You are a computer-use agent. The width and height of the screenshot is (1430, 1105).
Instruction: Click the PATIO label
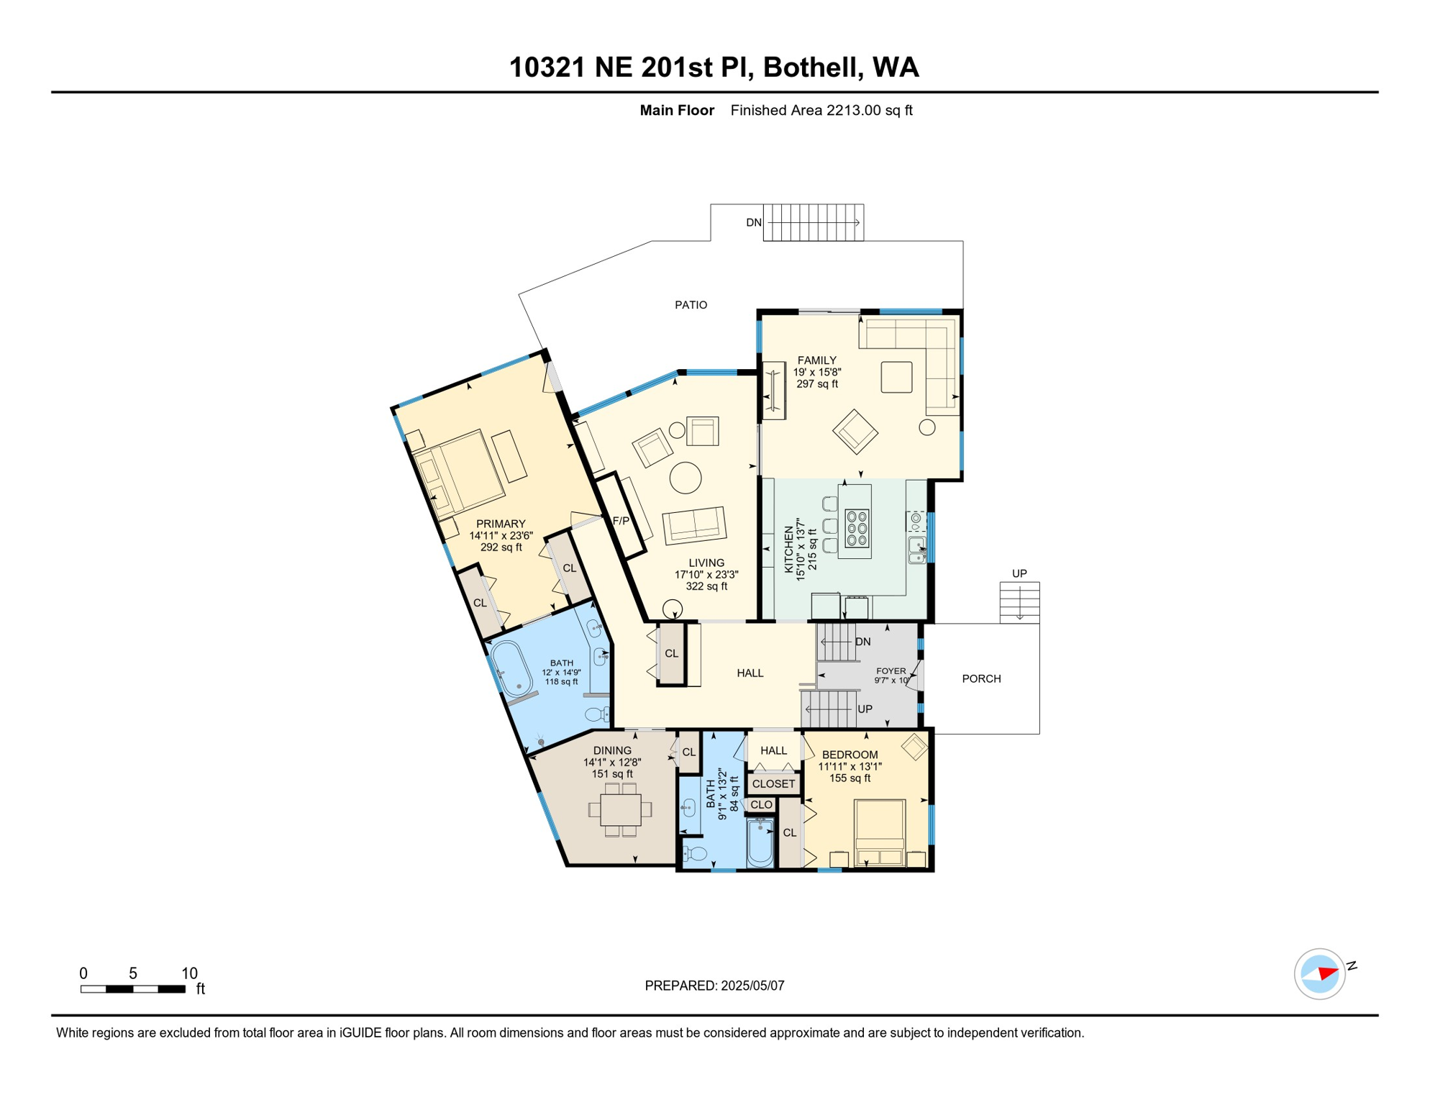pos(691,305)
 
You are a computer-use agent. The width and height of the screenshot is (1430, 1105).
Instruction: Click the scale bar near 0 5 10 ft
pos(133,989)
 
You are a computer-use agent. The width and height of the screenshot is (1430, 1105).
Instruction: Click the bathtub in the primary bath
pos(511,669)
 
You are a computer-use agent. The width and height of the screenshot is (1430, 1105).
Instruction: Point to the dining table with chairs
pos(620,810)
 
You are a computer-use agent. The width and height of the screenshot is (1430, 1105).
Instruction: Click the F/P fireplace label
pos(621,521)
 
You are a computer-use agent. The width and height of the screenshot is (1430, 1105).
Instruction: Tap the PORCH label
pos(981,678)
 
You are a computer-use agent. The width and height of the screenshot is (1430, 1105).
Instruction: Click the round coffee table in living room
pos(686,478)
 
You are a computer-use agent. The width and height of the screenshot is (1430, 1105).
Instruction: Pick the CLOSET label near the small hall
pos(773,784)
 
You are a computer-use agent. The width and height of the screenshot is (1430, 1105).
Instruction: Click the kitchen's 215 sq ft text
pos(813,554)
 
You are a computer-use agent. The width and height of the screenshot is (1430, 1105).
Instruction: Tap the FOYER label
pos(891,670)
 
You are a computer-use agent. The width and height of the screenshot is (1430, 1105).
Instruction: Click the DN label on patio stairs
pos(753,223)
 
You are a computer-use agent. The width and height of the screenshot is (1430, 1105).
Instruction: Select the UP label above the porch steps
pos(1019,573)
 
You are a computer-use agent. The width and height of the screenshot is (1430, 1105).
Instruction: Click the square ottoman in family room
pos(896,377)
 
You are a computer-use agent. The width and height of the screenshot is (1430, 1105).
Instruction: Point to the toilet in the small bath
pos(696,854)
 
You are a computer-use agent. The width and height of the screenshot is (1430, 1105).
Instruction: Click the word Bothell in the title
pos(811,68)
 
